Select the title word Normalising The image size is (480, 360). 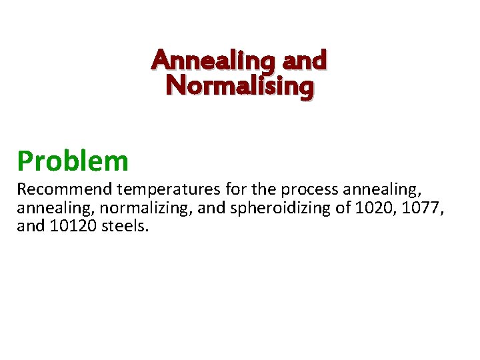tap(239, 87)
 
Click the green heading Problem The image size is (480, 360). tap(73, 161)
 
